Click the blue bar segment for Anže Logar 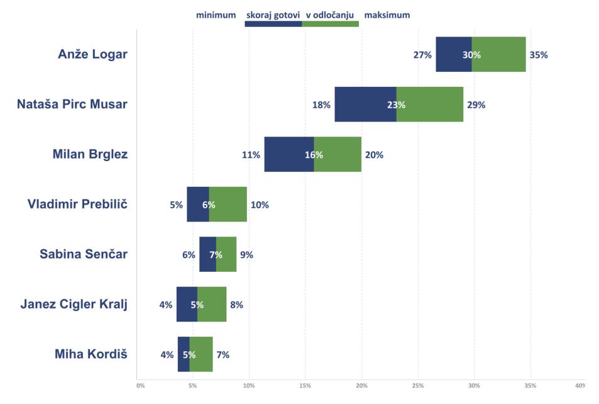(449, 54)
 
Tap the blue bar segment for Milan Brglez (286, 154)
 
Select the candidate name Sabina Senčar (84, 254)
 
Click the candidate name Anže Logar (92, 54)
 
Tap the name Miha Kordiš (91, 354)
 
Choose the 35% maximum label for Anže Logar (539, 55)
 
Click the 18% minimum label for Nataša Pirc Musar (321, 105)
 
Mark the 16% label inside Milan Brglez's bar (314, 155)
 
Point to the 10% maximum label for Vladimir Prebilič (260, 205)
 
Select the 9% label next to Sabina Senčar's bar (246, 255)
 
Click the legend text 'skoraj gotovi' (273, 15)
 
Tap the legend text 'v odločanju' (330, 15)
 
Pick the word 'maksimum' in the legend (387, 15)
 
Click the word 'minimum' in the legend (216, 15)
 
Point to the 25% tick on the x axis (418, 385)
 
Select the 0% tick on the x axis (140, 385)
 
